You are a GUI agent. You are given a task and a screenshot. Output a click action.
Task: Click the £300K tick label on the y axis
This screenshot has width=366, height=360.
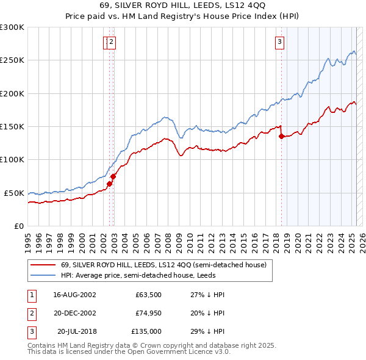pos(12,27)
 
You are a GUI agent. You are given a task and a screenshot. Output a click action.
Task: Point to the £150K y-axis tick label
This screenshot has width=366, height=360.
pos(12,126)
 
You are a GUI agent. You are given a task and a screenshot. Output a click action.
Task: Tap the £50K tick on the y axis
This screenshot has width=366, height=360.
pos(15,193)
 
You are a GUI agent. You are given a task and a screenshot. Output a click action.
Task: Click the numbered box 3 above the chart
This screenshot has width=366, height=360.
pos(279,42)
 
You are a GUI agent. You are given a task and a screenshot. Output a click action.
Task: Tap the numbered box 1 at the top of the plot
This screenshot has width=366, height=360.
pos(107,42)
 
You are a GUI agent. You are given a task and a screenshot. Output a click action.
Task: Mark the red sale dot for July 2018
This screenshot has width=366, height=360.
pos(281,137)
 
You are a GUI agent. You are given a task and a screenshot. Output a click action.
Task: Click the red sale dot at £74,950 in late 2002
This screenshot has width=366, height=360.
pos(113,176)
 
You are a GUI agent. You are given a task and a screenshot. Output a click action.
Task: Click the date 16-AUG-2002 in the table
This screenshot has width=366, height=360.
pos(75,295)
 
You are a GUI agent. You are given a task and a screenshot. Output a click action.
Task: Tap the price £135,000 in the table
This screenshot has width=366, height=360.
pos(146,331)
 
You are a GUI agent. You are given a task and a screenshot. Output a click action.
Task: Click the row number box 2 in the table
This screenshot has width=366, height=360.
pos(31,313)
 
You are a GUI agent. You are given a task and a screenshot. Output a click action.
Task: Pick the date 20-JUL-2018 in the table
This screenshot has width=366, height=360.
pos(75,331)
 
